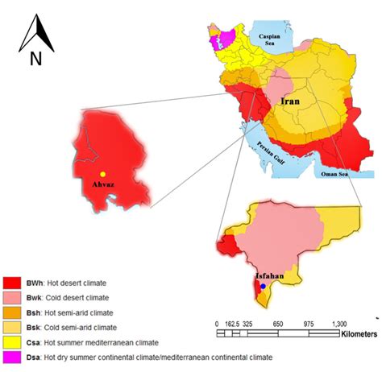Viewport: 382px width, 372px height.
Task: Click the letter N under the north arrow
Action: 35,59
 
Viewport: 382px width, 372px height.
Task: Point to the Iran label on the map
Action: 291,102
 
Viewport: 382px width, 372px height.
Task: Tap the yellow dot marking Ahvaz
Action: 102,174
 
